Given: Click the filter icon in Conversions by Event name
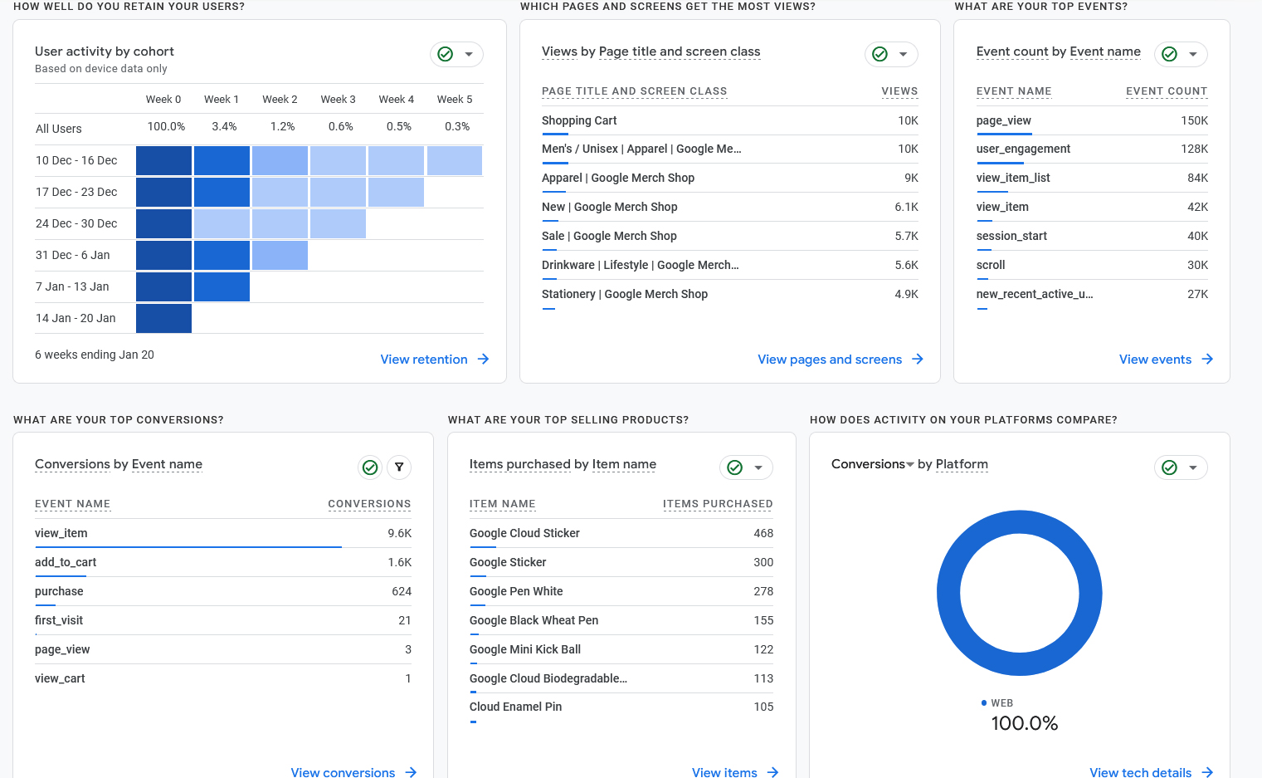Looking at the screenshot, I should point(399,467).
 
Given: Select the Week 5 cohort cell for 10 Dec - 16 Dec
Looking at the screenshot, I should point(455,160).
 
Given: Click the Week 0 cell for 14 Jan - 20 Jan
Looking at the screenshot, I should point(163,318).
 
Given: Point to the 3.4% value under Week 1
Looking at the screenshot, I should point(224,126).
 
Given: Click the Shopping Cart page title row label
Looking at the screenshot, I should point(579,120).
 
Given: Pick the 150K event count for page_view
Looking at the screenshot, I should point(1194,120).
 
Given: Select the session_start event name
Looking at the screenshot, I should point(1011,236).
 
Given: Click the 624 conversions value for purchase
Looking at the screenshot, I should point(402,591).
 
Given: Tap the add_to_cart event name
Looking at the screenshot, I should point(66,562).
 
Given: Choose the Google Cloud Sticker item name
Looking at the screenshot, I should point(524,533).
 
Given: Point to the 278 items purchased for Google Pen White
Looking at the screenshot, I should point(763,591).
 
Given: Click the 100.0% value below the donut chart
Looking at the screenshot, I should point(1024,723).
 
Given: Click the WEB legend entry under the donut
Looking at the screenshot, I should point(1001,703).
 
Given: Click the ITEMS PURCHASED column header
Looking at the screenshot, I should point(717,504).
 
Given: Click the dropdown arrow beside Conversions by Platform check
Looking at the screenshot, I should point(1192,467).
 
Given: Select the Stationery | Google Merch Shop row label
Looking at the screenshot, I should point(624,294).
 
